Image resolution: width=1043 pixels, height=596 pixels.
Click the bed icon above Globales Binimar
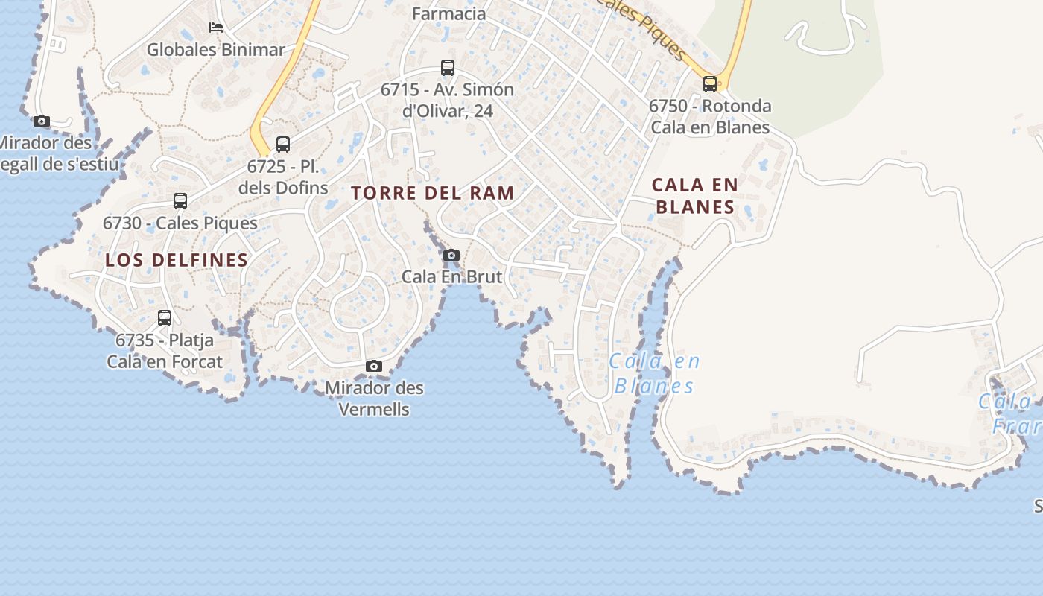tap(216, 28)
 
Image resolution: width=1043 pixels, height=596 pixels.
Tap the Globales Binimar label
tap(216, 50)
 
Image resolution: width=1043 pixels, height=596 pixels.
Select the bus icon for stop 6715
tap(447, 68)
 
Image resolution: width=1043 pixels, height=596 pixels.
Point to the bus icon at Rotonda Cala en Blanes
tap(710, 83)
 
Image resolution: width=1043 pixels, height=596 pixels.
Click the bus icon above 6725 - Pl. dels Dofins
tap(283, 145)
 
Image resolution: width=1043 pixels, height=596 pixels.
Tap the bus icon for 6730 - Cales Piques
tap(180, 201)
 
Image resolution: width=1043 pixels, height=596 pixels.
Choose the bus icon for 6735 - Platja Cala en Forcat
tap(165, 318)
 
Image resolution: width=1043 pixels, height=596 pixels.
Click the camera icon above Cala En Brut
tap(451, 256)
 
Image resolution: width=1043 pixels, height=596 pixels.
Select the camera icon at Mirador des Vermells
tap(374, 366)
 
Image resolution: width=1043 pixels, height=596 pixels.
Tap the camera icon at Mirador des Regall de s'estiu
tap(42, 121)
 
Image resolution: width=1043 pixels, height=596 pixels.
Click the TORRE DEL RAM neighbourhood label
tap(433, 193)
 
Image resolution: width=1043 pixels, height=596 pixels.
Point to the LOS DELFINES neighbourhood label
tap(177, 260)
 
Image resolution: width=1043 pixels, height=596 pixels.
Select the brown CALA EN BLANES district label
tap(695, 195)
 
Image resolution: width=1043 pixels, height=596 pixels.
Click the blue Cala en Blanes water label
tap(654, 373)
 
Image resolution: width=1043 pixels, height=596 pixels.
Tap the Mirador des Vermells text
tap(374, 399)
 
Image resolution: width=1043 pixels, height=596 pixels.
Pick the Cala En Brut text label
tap(452, 276)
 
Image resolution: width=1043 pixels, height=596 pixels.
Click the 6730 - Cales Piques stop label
tap(180, 223)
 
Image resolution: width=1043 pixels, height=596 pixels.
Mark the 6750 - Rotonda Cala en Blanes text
tap(710, 116)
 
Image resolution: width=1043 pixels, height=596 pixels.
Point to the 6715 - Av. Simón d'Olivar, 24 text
tap(447, 100)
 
